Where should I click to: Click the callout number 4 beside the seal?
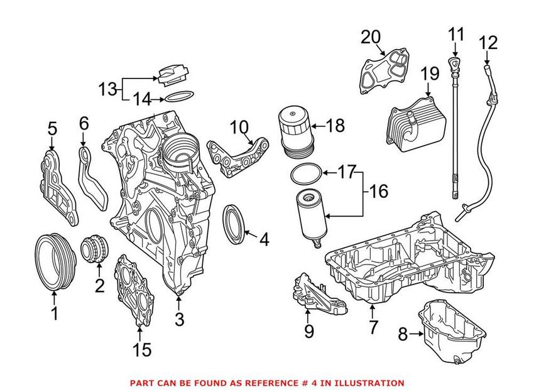click(264, 239)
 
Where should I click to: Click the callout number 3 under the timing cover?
click(180, 320)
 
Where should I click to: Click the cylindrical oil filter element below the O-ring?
click(309, 215)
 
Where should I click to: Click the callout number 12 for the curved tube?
click(488, 43)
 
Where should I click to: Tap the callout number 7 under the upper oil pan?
click(373, 327)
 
